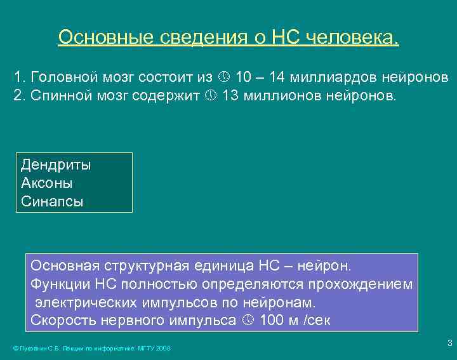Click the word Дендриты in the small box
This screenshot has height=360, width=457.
click(56, 165)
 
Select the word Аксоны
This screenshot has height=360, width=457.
click(46, 183)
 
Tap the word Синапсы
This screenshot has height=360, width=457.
click(52, 202)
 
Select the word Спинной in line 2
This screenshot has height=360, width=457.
click(60, 96)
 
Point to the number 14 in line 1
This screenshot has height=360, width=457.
click(277, 77)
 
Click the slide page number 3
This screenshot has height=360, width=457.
click(449, 343)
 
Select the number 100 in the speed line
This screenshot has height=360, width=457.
click(272, 320)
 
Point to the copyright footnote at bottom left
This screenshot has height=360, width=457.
click(91, 348)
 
